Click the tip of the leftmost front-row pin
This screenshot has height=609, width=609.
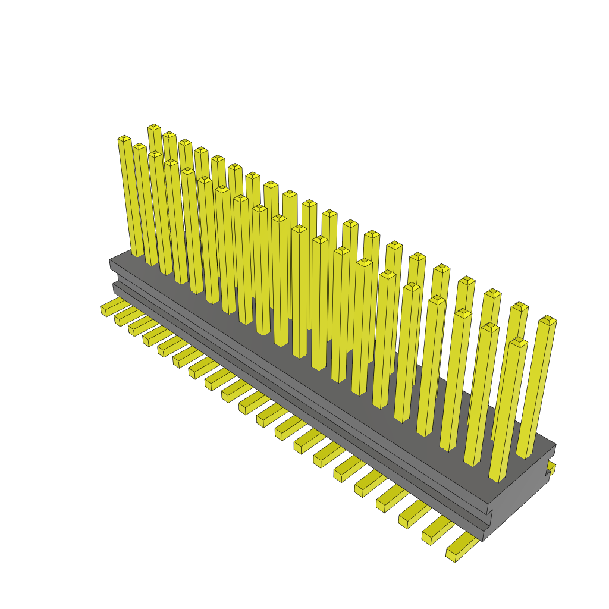pos(124,139)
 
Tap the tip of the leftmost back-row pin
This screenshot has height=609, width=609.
pos(154,127)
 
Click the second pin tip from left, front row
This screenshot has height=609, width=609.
pos(139,146)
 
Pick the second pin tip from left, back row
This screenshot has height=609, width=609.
pos(169,134)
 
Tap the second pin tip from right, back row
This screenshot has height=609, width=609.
pos(520,306)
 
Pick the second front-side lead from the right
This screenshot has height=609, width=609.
pos(435,529)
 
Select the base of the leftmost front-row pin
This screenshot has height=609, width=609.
pos(137,253)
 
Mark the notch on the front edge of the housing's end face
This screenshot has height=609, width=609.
pos(489,513)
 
